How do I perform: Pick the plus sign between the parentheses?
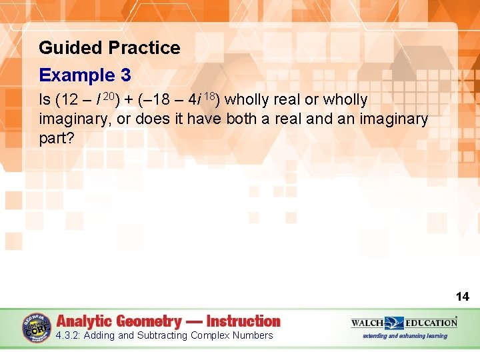(x=129, y=100)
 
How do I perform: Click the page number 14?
(x=462, y=297)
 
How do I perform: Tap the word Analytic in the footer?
(x=87, y=321)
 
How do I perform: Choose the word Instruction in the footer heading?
(x=243, y=321)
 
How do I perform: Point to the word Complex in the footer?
(x=209, y=335)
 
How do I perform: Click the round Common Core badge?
(x=37, y=327)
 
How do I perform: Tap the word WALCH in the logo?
(x=367, y=323)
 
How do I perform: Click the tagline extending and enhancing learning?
(x=405, y=336)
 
